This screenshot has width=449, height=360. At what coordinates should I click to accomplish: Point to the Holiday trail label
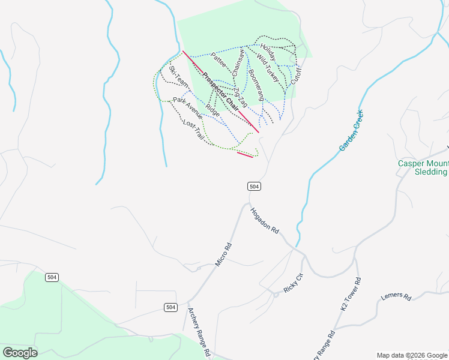tap(267, 55)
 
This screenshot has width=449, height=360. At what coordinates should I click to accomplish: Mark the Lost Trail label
tap(194, 130)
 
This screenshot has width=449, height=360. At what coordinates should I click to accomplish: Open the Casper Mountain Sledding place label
tap(423, 167)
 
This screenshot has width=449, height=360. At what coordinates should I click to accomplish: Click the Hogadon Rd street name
tap(265, 221)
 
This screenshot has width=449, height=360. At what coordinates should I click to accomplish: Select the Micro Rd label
tap(223, 254)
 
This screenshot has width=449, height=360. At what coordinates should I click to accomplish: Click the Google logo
tap(20, 353)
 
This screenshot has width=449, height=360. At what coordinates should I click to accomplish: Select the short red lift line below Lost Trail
tap(245, 155)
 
